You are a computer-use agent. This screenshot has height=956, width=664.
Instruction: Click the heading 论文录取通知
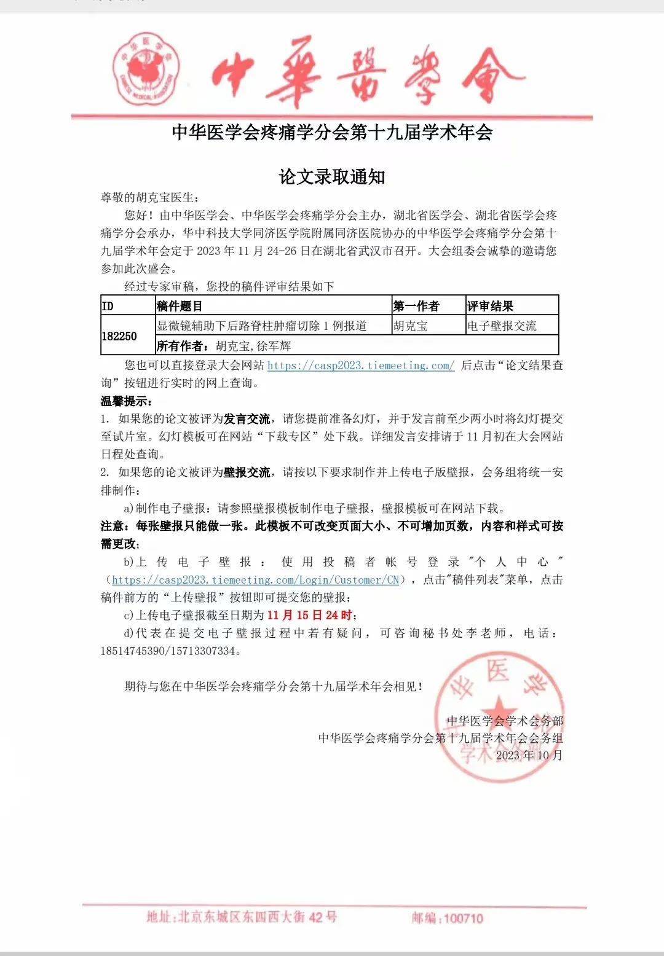tap(332, 177)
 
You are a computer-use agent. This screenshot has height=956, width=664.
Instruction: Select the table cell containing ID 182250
tap(119, 336)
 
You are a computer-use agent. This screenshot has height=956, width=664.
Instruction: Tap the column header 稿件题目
tap(180, 306)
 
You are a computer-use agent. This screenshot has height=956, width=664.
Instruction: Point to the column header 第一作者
tap(416, 306)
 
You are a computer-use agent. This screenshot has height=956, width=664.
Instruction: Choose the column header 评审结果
tap(490, 306)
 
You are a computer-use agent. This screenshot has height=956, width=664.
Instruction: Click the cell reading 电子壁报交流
tap(502, 326)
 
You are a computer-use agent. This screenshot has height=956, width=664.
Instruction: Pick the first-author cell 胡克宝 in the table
tap(411, 326)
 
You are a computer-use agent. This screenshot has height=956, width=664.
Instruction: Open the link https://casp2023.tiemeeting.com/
tap(361, 366)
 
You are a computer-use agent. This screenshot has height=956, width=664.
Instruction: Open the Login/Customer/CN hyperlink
tap(256, 579)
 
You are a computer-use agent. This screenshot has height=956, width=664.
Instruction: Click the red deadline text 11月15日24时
tap(309, 615)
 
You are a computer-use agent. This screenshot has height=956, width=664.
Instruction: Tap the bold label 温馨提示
tap(126, 401)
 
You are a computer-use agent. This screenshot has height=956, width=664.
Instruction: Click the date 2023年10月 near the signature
tap(529, 755)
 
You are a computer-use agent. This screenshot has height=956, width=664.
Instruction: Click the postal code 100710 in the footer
tap(463, 918)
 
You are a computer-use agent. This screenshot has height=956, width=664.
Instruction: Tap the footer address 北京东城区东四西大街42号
tap(257, 917)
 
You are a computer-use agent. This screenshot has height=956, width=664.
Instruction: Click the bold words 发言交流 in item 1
tap(247, 419)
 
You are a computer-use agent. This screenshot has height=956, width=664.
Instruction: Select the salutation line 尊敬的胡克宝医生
tap(150, 197)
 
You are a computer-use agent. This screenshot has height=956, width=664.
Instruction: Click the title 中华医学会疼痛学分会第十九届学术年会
tap(332, 132)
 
